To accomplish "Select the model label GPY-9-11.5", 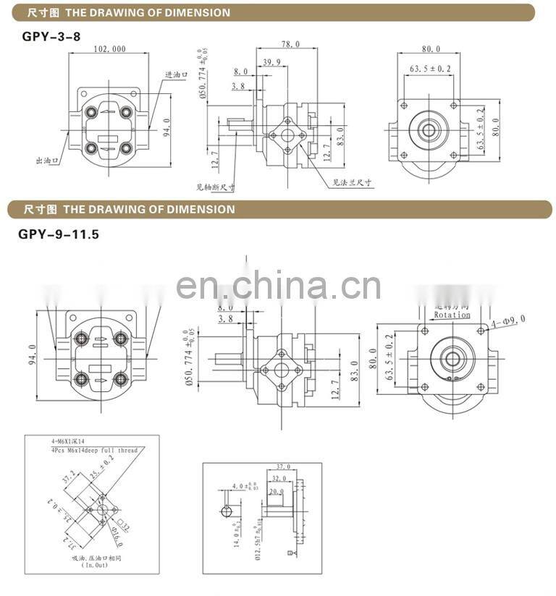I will click(x=58, y=234).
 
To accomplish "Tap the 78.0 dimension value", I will click(x=290, y=45).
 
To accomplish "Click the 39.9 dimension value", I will click(x=273, y=62).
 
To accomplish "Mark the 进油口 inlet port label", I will click(x=176, y=74).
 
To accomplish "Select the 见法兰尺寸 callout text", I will click(x=352, y=183).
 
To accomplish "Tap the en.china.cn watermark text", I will click(x=278, y=286).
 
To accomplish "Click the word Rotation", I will click(x=452, y=315).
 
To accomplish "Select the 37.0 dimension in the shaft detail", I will click(x=283, y=467).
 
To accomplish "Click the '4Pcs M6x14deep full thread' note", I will click(x=94, y=451).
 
